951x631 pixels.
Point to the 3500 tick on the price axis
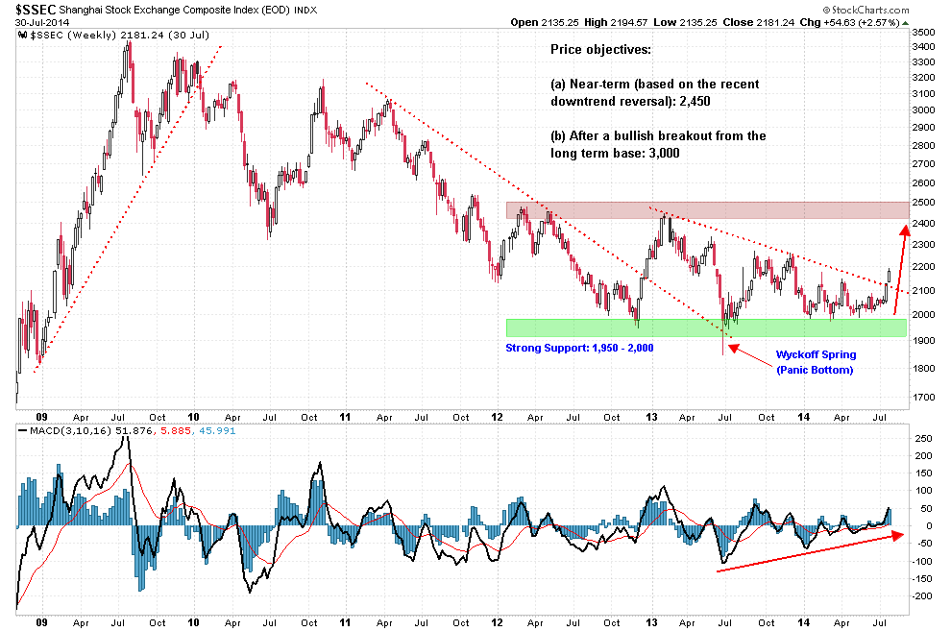(x=923, y=32)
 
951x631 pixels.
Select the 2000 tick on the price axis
(x=923, y=315)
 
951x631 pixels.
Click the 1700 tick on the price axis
(x=923, y=397)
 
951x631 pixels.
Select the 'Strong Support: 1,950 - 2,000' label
(x=579, y=348)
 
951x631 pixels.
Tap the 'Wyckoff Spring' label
(x=815, y=354)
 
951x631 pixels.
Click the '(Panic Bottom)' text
(x=815, y=370)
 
